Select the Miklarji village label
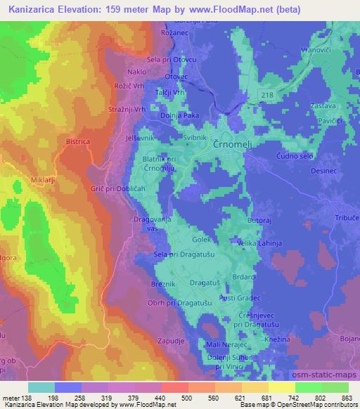[25, 180]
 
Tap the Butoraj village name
[259, 220]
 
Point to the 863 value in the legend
[346, 397]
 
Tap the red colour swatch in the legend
[173, 387]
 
